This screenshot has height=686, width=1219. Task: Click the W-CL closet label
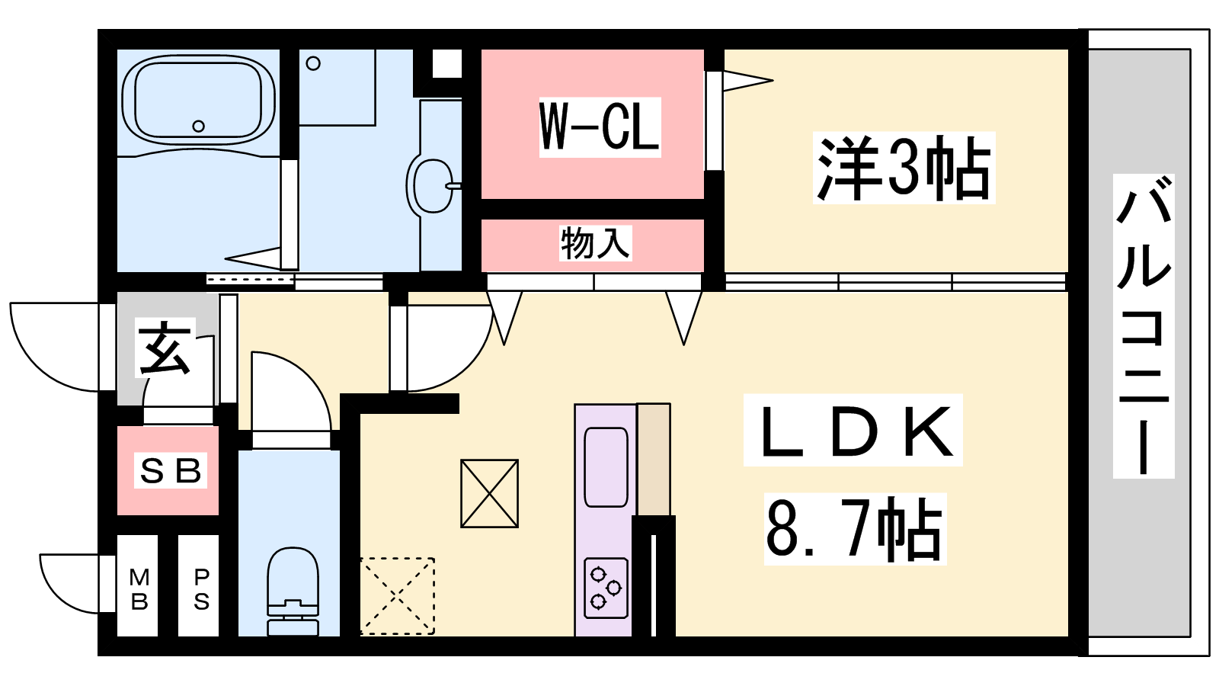tap(600, 127)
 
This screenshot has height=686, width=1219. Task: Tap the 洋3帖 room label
tap(904, 168)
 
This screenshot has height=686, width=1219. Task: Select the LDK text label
tap(853, 430)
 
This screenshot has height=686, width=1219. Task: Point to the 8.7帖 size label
tap(855, 529)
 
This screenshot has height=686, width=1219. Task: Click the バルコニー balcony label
tap(1144, 326)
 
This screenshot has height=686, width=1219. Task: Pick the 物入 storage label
tap(595, 243)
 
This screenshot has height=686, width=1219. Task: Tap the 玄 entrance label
tap(165, 348)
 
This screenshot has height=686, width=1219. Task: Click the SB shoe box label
tap(171, 470)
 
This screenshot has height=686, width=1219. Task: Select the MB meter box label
tap(139, 589)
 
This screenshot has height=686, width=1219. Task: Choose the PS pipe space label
tap(201, 589)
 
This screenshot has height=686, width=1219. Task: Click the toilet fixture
tap(293, 591)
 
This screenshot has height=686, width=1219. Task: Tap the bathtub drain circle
tap(199, 127)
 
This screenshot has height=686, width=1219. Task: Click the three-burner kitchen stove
tap(606, 588)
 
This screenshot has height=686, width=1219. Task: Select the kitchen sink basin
tap(606, 467)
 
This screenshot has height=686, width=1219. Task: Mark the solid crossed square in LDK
tap(489, 493)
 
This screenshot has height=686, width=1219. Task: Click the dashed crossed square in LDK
tap(397, 595)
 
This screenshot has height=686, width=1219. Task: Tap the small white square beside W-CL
tap(446, 64)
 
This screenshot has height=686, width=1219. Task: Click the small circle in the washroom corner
tap(313, 63)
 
